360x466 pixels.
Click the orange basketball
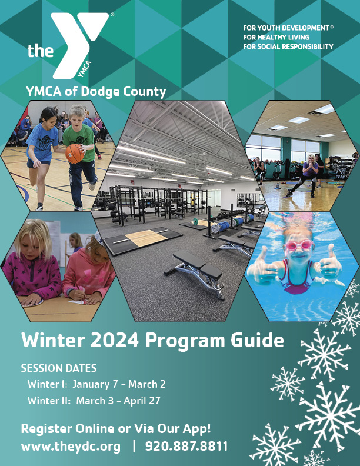click(x=75, y=154)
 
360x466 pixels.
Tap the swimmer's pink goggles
click(x=299, y=245)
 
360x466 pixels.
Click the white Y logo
click(x=79, y=45)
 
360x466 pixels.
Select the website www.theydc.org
click(x=71, y=447)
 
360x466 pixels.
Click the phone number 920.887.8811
click(x=186, y=447)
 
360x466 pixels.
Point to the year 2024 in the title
click(x=114, y=340)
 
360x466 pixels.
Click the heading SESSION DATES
click(x=59, y=368)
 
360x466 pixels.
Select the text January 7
click(x=95, y=384)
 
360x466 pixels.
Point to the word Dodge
click(x=101, y=92)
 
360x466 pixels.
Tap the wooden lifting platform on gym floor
click(x=146, y=237)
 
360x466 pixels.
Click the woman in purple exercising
click(x=306, y=175)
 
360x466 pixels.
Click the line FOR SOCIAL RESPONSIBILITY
click(x=288, y=46)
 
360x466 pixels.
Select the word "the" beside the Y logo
click(x=41, y=51)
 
